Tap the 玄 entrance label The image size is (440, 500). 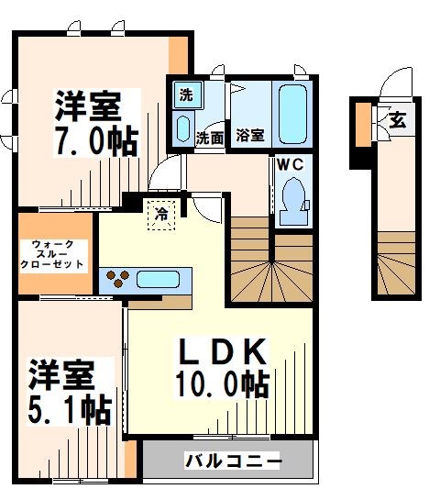[398, 120]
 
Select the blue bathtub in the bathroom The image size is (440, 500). [291, 113]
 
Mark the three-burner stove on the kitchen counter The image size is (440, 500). [116, 277]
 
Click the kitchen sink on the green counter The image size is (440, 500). [161, 278]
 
